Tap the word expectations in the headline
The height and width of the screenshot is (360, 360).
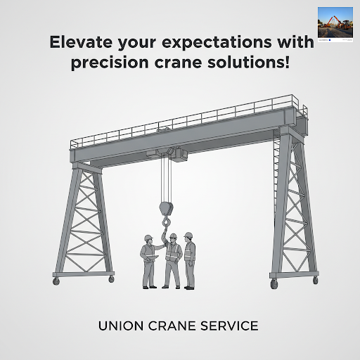tap(217, 44)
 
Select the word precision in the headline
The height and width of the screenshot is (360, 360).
tap(110, 63)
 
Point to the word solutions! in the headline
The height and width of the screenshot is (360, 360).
tap(249, 63)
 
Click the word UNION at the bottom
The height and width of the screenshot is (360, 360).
tap(121, 326)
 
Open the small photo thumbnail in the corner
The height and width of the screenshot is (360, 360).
tap(335, 24)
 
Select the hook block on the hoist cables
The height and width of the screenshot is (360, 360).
tap(166, 209)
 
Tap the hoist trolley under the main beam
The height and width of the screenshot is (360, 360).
tap(167, 153)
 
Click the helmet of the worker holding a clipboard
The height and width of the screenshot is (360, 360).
tap(148, 238)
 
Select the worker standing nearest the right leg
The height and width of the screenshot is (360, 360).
tap(190, 261)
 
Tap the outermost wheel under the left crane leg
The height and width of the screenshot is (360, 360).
tap(56, 281)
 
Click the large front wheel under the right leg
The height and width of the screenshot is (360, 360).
tap(274, 283)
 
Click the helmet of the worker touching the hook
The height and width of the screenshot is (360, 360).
tap(173, 236)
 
